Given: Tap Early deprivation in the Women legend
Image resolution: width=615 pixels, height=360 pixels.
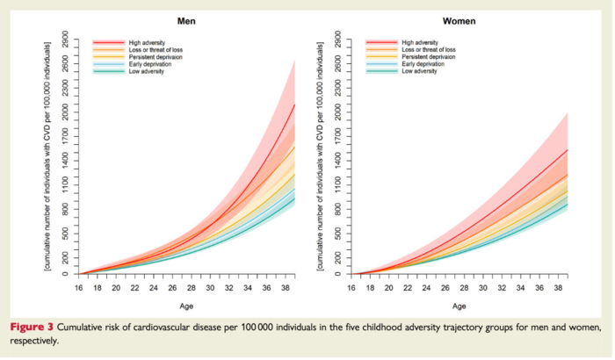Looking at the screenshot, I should point(423,64).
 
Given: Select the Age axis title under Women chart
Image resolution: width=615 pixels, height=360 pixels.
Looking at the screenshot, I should point(460,306).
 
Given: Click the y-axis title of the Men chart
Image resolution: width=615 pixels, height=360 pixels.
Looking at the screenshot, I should point(49,155).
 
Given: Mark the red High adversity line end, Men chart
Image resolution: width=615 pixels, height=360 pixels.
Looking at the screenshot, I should point(294,104).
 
